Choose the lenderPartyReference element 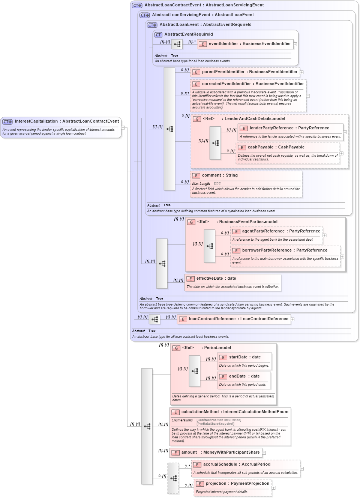[289, 128]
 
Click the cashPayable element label [276, 147]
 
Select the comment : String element [219, 175]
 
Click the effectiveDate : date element [216, 279]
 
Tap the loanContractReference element [238, 319]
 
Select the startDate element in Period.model [244, 357]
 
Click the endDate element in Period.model [244, 376]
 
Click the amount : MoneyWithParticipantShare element [220, 453]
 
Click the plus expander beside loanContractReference [292, 319]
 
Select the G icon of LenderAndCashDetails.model [197, 119]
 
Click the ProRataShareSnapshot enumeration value [215, 424]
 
